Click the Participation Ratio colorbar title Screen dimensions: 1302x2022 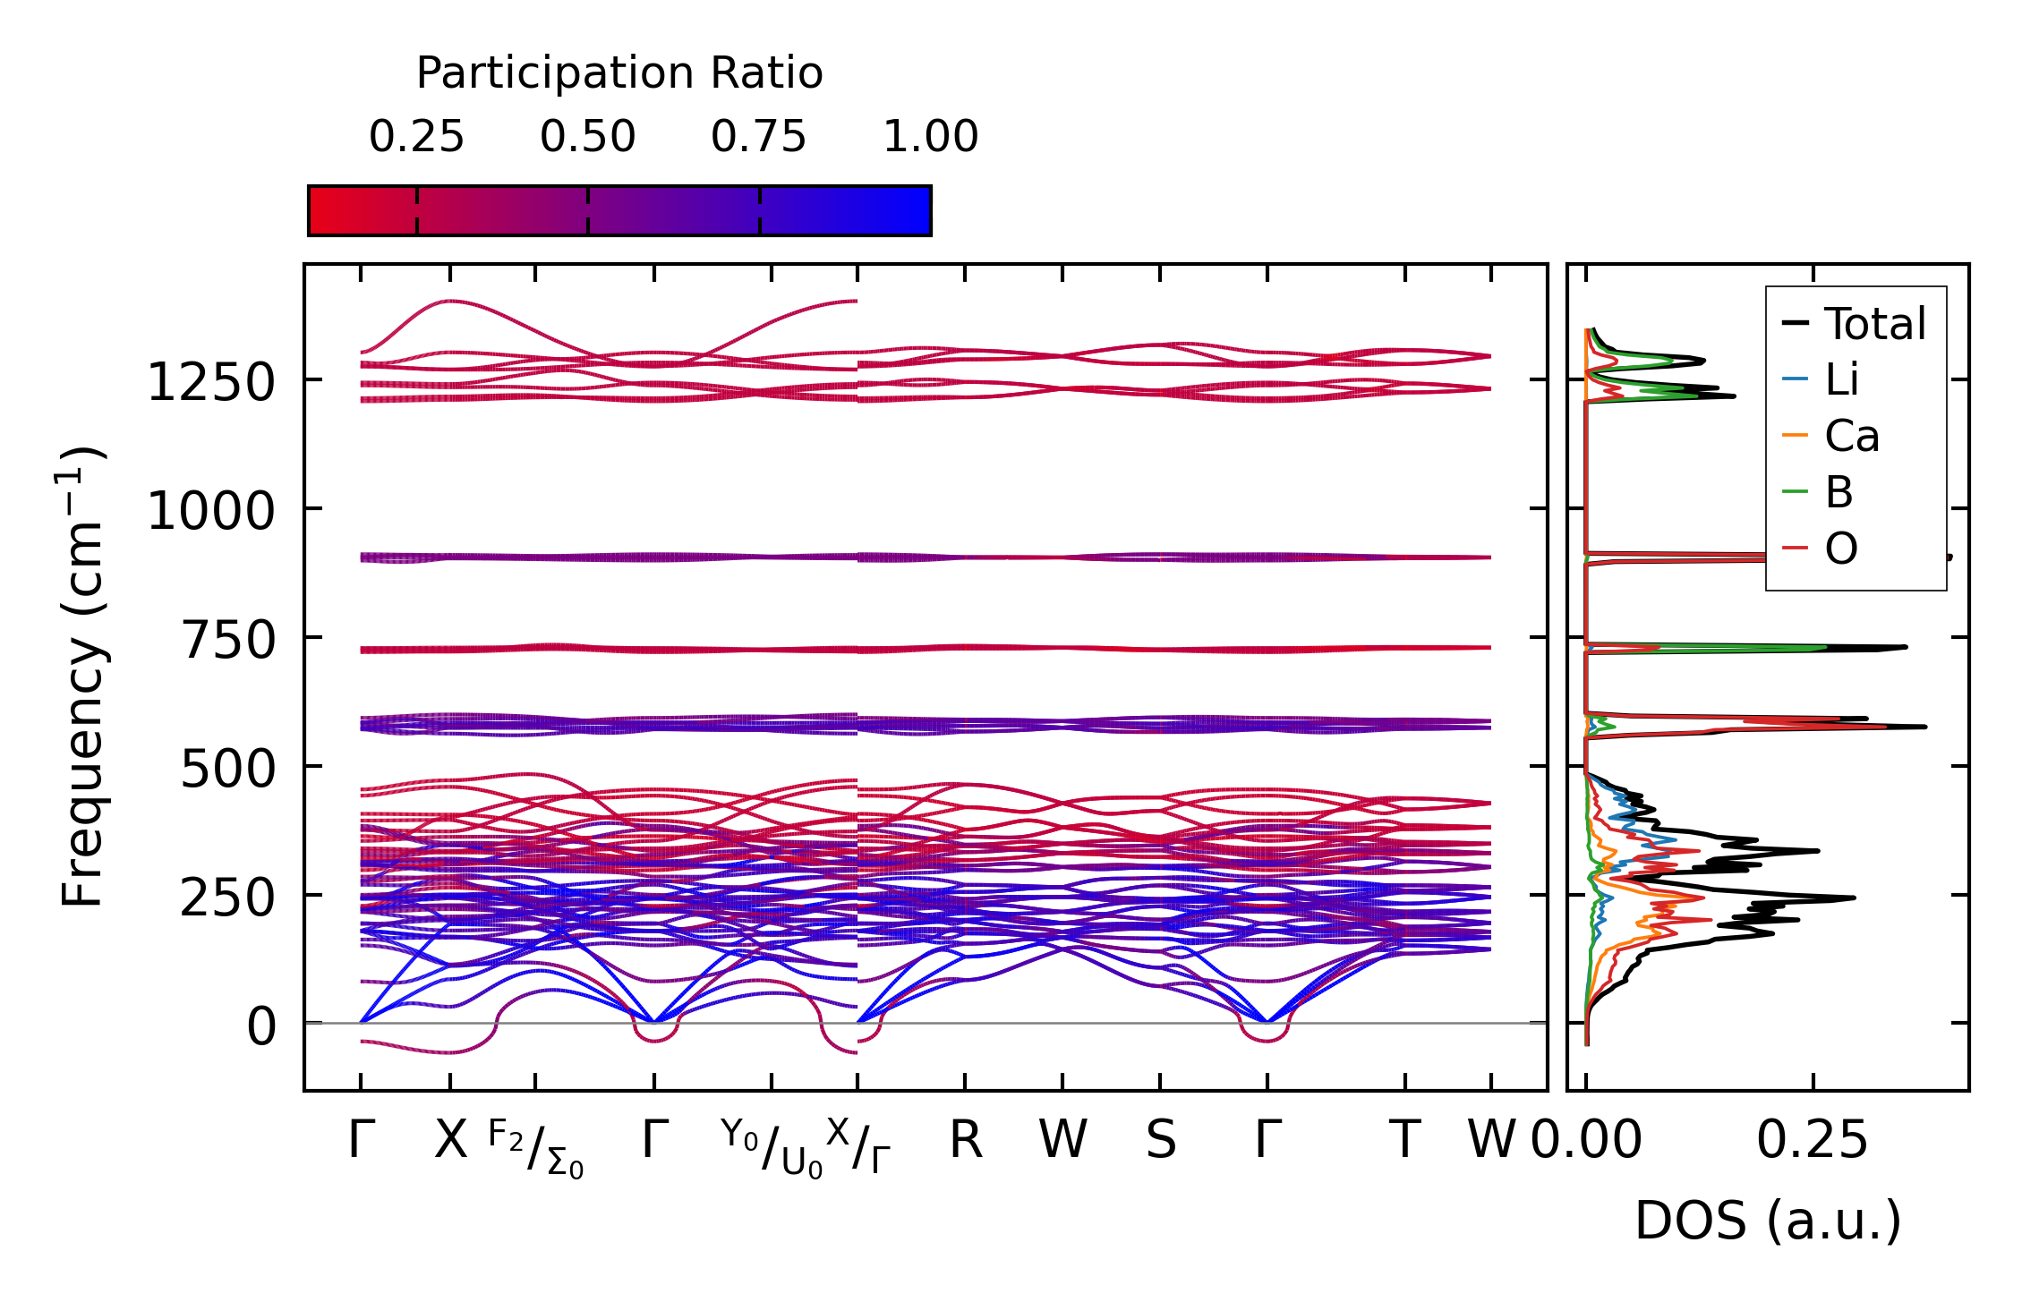(x=619, y=73)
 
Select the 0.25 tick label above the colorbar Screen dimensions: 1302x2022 (x=416, y=137)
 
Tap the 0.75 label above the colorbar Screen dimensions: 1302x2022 (x=759, y=137)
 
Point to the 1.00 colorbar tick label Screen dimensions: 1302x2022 (x=931, y=137)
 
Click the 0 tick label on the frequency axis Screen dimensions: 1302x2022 (x=261, y=1026)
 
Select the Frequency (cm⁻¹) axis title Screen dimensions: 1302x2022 (x=83, y=677)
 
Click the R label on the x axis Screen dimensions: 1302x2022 (x=966, y=1140)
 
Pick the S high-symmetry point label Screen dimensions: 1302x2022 (x=1161, y=1140)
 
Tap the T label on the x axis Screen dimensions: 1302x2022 (x=1404, y=1140)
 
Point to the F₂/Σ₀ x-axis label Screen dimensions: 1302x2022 (x=536, y=1150)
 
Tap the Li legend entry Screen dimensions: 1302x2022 (x=1841, y=379)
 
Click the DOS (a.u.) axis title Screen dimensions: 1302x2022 (x=1768, y=1221)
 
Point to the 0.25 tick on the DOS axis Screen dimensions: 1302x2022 (x=1813, y=1140)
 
